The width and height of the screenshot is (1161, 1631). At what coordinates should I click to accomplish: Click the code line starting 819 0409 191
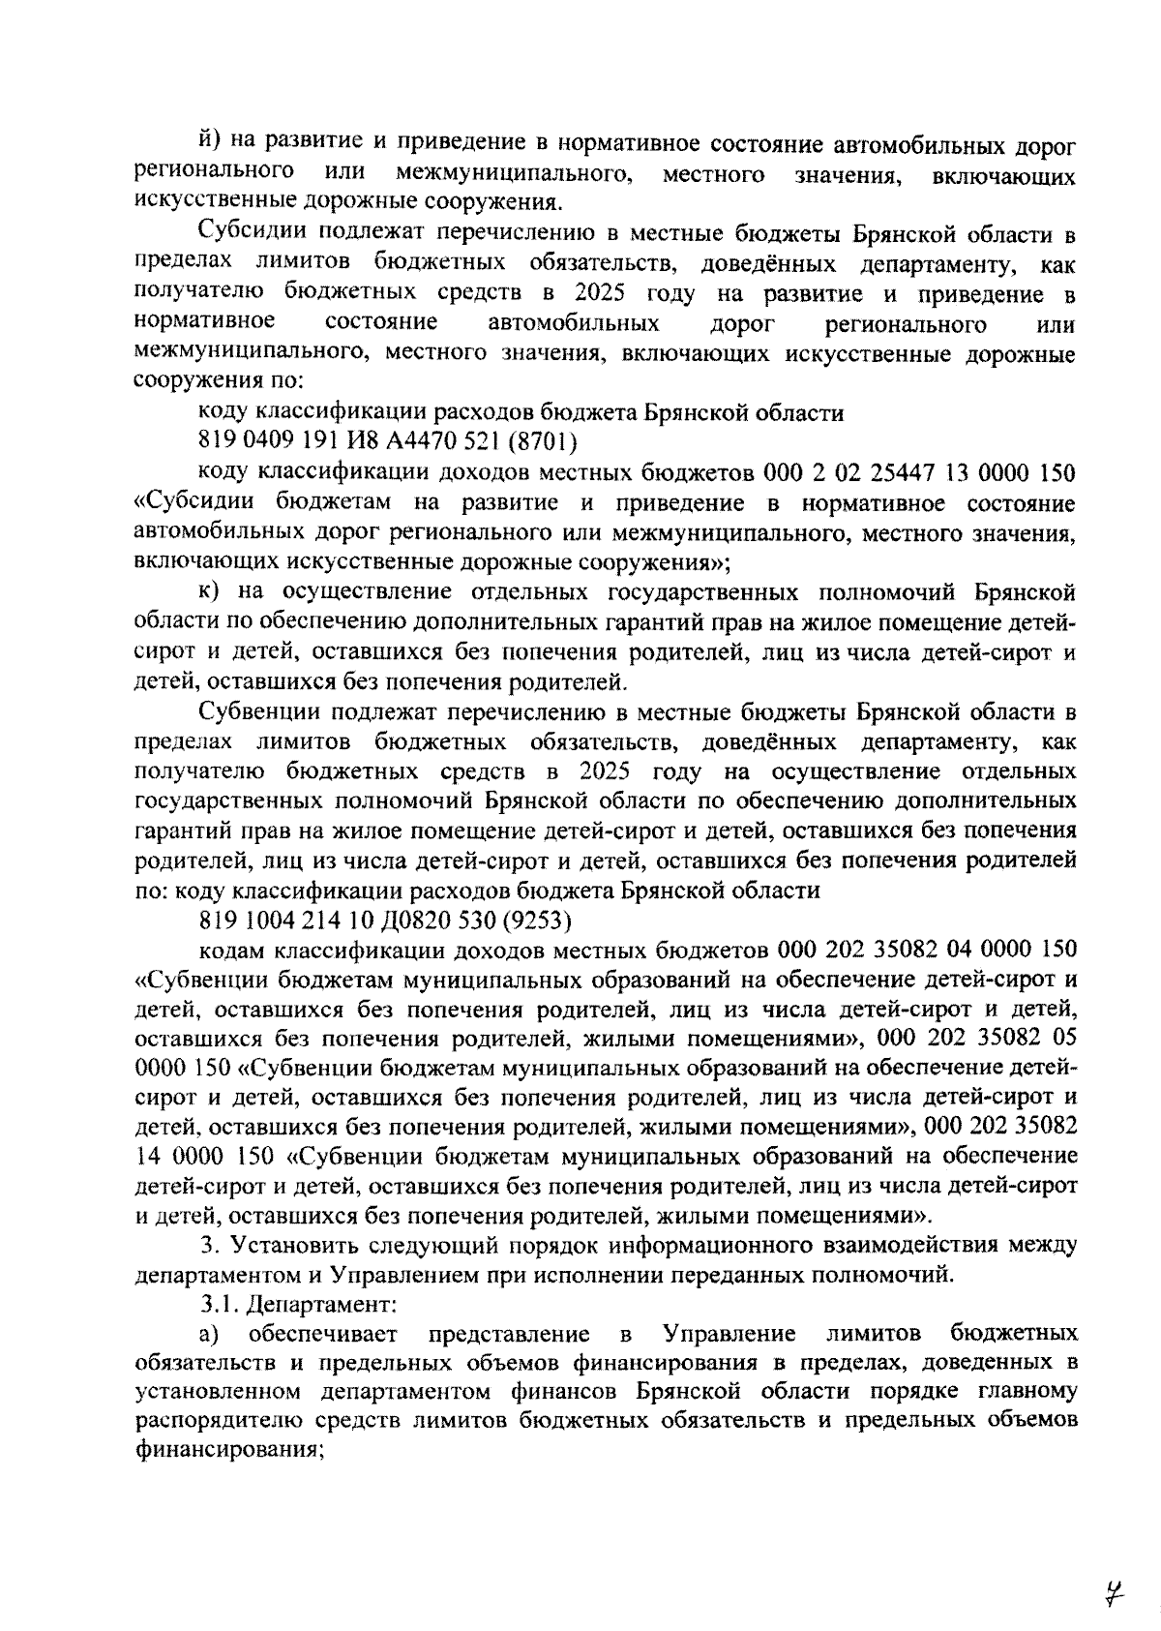click(x=387, y=442)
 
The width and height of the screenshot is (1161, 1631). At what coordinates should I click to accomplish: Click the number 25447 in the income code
click(x=916, y=473)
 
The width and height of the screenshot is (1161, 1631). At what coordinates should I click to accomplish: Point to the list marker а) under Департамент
click(x=209, y=1335)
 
